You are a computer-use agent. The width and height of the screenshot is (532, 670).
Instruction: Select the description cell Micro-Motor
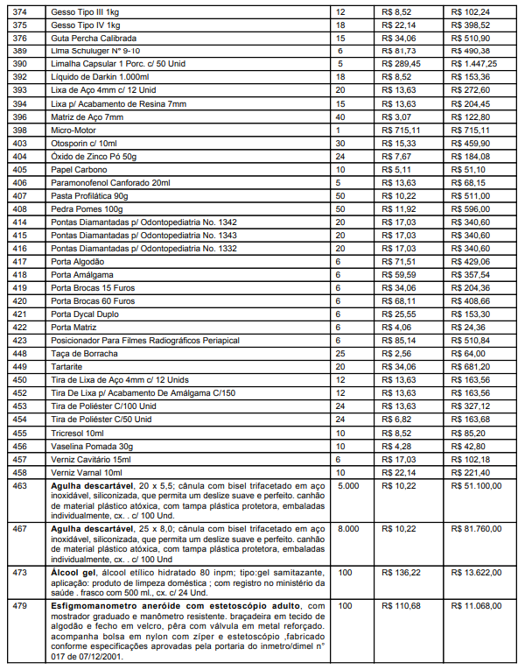(x=73, y=130)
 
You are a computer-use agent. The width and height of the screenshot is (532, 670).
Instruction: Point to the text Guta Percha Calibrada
(x=94, y=38)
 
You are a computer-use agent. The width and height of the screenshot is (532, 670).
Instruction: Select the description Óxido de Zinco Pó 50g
(x=93, y=156)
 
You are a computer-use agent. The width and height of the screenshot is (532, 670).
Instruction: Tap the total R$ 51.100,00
(x=477, y=484)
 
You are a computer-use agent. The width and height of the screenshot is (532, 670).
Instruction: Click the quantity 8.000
(x=347, y=528)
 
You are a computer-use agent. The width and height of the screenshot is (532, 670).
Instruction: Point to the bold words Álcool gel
(x=74, y=572)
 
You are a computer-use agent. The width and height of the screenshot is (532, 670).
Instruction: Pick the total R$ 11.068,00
(x=477, y=606)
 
